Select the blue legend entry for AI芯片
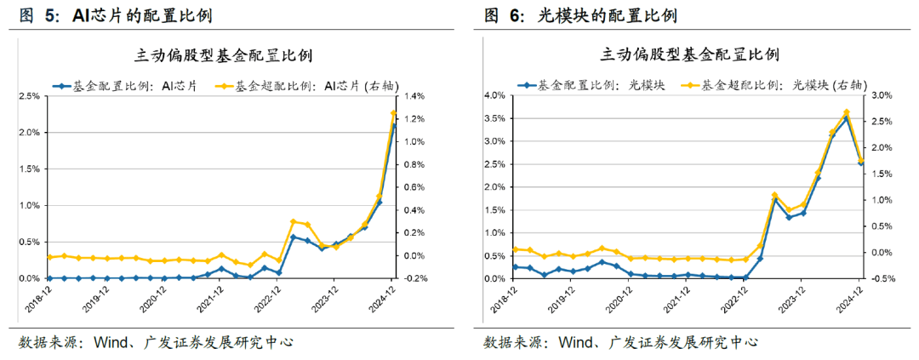coord(126,85)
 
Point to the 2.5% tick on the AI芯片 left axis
coord(28,96)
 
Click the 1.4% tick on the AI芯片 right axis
coord(418,96)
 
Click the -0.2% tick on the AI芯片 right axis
coord(418,278)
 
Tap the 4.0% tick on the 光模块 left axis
coord(494,96)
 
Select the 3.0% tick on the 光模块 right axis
coord(882,96)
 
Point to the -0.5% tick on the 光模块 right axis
coord(882,278)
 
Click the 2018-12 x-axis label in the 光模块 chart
coord(505,298)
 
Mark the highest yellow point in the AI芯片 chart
coord(394,113)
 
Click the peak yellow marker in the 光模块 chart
coord(847,112)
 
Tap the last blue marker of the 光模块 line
coord(861,162)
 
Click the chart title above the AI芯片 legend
coord(224,56)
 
